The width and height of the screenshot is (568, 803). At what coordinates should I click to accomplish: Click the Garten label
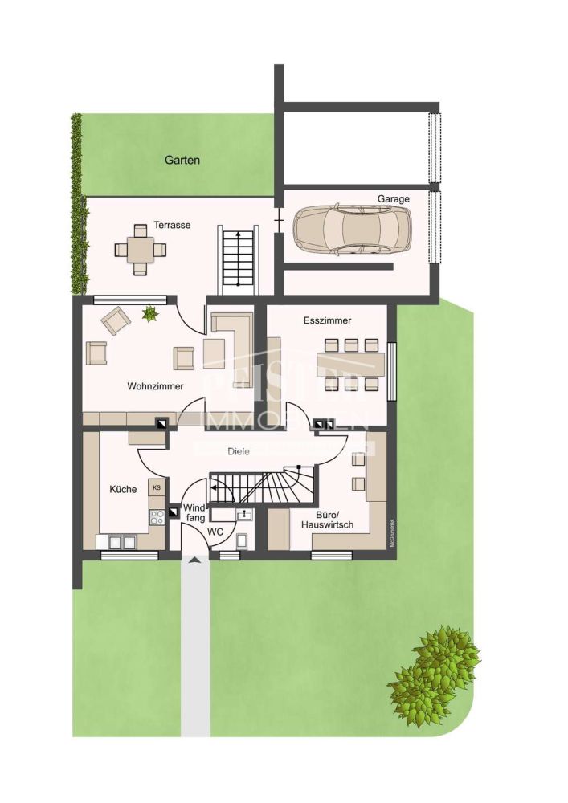182,160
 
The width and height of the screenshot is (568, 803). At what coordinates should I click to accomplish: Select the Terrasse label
172,225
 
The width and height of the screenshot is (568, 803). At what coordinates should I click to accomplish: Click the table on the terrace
141,248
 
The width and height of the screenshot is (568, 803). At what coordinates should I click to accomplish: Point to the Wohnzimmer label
155,386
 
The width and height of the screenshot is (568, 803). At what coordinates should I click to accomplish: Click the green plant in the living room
149,314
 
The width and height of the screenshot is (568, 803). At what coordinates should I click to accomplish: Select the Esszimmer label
327,320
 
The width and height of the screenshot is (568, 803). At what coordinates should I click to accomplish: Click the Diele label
238,451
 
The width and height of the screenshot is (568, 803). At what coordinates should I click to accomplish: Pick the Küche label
124,489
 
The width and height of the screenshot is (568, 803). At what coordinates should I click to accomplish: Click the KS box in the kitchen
157,487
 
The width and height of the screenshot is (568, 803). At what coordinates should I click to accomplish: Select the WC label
215,532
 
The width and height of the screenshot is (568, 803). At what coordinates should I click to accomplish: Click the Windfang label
195,513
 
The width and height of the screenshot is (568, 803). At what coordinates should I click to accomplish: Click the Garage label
394,198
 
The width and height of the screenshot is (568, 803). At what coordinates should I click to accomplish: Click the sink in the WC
243,514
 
